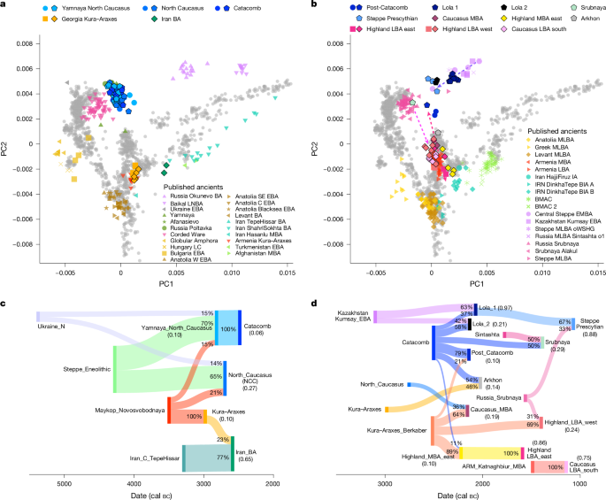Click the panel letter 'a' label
[4, 5]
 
